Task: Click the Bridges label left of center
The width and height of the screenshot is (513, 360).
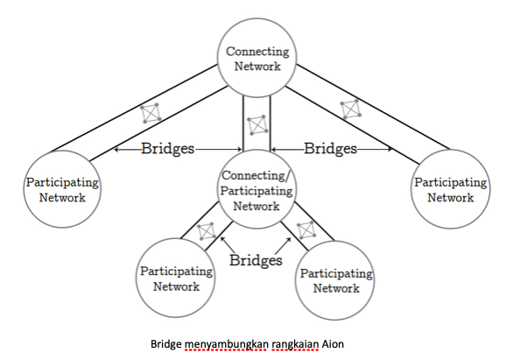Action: coord(168,149)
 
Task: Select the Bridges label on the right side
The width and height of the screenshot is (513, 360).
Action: coord(330,149)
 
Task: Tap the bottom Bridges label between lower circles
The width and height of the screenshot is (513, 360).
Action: coord(256,260)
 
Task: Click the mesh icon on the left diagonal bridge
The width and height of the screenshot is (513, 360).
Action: coord(151,113)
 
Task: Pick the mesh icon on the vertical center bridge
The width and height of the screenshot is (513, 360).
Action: coord(257,124)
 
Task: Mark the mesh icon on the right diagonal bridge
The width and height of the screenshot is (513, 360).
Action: coord(351,109)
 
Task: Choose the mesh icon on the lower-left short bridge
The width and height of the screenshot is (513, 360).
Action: coord(207,231)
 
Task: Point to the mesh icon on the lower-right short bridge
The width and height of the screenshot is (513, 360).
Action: coord(306,230)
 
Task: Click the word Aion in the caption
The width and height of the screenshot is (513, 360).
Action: coord(333,344)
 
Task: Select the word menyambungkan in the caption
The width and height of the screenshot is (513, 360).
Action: coord(226,345)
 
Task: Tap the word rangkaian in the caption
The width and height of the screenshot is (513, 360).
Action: coord(295,345)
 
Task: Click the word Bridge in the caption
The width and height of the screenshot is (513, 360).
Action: coord(165,345)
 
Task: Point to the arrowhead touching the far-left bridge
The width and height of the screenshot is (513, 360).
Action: coord(116,150)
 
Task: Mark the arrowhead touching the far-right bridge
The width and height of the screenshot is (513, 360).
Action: coord(390,150)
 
